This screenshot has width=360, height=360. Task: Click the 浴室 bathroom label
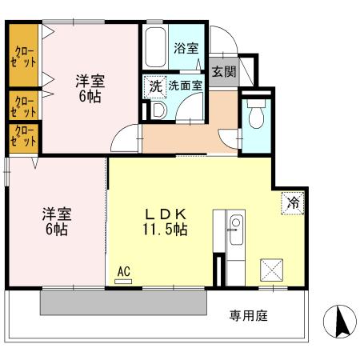[x=186, y=48]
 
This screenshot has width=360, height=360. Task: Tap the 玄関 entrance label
[x=224, y=70]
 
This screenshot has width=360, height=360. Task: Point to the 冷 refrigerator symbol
[x=293, y=203]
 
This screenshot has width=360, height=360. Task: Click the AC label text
[x=123, y=272]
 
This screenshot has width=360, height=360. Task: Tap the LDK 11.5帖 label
[x=166, y=222]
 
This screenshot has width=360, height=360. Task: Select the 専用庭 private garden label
[x=248, y=314]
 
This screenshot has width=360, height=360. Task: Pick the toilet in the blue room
[x=255, y=118]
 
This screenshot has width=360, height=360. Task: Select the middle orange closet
[x=23, y=105]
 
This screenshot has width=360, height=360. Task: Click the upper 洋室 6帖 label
[x=90, y=87]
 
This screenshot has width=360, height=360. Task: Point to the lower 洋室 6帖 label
[x=56, y=222]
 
